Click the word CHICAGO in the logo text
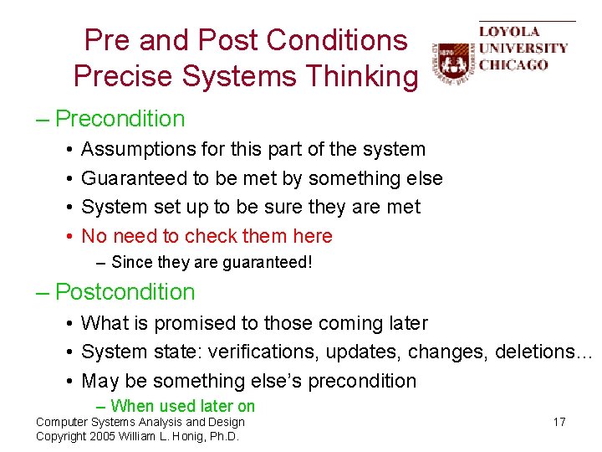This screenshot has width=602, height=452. click(513, 65)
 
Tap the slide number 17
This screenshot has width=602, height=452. click(559, 422)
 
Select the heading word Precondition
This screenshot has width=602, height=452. click(120, 119)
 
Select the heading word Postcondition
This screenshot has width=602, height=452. click(125, 292)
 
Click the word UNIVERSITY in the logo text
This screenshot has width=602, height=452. click(523, 49)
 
